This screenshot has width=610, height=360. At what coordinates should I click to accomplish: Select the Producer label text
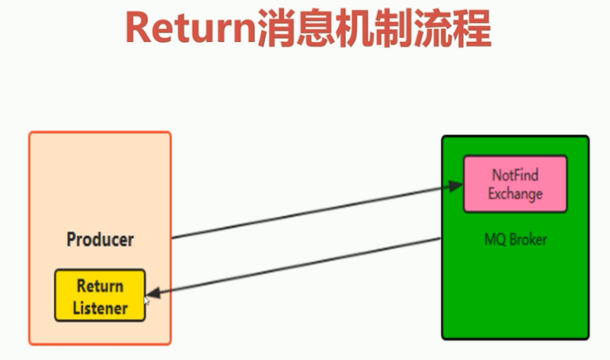100,240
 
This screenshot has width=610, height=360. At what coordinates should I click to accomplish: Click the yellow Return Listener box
100,295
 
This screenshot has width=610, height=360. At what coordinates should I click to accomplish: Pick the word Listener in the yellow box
100,307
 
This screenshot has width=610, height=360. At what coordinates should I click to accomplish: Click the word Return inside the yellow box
100,287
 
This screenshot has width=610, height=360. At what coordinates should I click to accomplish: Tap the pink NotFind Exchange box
516,183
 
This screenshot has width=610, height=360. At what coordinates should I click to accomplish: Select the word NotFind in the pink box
516,175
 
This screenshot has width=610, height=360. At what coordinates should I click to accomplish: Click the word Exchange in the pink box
516,193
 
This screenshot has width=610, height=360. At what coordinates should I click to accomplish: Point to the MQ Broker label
516,240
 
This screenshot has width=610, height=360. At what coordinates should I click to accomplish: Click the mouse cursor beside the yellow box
148,301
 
